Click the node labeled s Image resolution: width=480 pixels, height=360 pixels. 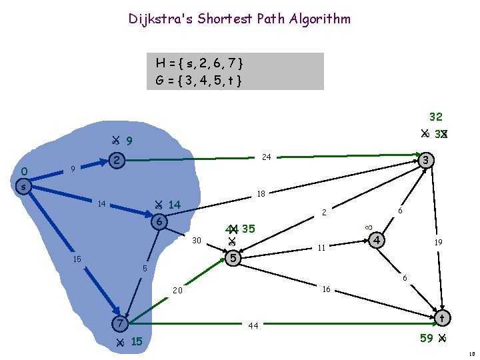coord(23,187)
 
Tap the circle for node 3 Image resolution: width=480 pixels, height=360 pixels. coord(427,160)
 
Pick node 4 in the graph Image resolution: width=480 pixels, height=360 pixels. coord(377,239)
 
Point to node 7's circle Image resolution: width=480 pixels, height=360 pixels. coord(119,323)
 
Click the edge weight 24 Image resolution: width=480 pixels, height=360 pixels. coord(266,158)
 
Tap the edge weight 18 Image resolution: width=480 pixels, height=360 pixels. coord(261,194)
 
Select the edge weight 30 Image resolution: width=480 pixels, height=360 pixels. coord(196,240)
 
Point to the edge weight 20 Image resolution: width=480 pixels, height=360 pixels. coord(178,291)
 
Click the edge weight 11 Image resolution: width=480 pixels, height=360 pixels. coord(321,248)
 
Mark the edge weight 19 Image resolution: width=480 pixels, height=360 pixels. coord(439,243)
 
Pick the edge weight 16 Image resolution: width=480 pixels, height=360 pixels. coord(326,289)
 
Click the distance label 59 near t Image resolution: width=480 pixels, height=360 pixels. coord(427,338)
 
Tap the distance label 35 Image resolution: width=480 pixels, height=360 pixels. coord(249,229)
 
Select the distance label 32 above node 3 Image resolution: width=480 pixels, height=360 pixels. coord(436,117)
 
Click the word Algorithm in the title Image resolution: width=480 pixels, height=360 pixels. coord(319,19)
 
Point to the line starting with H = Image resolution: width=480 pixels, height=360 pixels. coord(199,63)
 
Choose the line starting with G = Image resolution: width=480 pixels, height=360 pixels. coord(198,81)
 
